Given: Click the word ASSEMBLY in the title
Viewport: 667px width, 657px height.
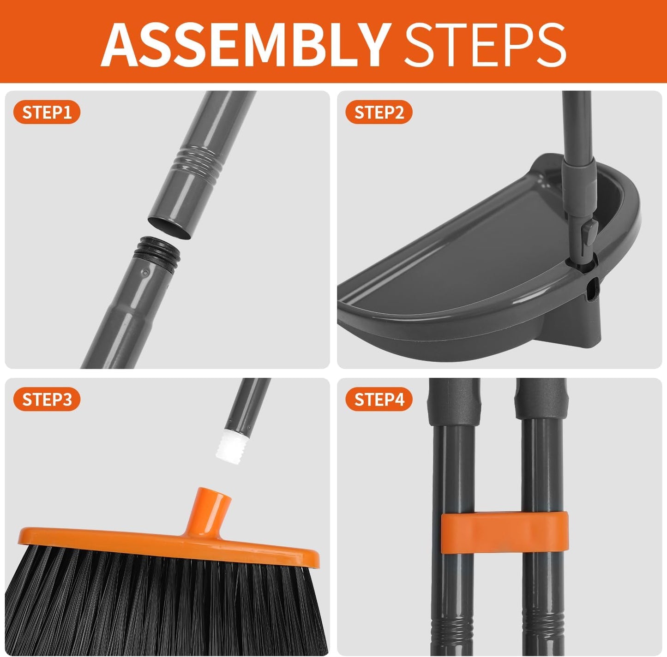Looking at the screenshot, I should pyautogui.click(x=245, y=44).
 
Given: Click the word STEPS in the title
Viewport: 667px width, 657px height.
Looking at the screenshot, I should pyautogui.click(x=485, y=44).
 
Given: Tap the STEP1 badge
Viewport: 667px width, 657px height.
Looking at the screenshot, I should pyautogui.click(x=47, y=113).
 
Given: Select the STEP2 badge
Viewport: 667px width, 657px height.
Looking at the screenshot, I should pyautogui.click(x=379, y=113).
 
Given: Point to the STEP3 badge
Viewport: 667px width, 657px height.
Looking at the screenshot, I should pyautogui.click(x=47, y=400).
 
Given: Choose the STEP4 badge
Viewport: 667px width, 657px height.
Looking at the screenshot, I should pyautogui.click(x=379, y=400).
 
